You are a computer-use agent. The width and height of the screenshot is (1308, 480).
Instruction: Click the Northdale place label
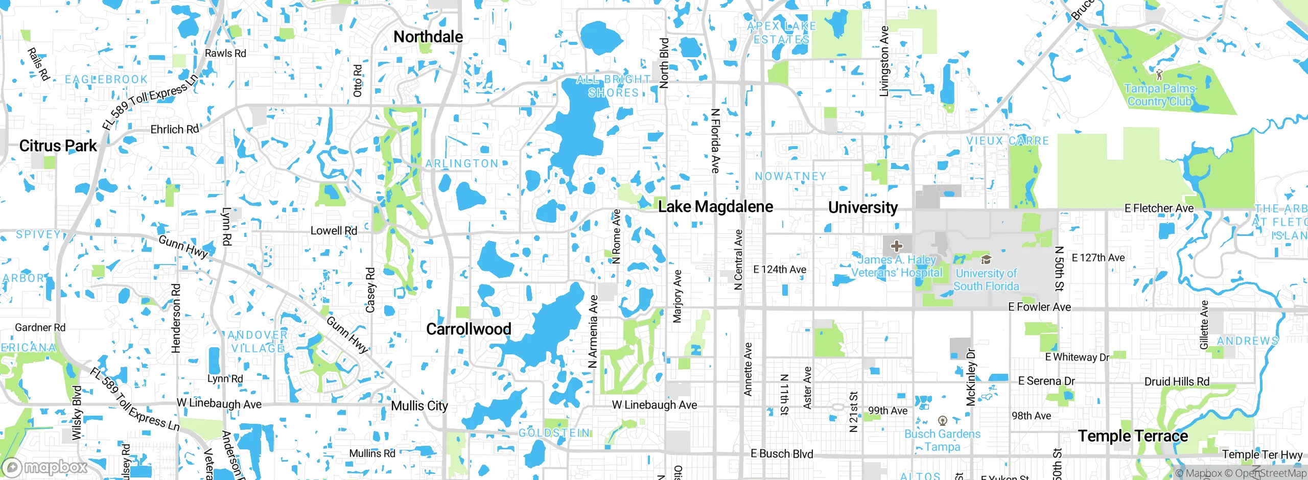(428, 37)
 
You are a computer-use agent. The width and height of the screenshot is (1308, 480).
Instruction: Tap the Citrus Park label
(58, 146)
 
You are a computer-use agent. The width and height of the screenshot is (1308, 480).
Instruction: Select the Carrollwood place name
(469, 329)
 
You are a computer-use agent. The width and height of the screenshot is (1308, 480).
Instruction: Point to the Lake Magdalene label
(715, 207)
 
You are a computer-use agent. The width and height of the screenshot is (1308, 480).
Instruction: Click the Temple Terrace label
(1133, 436)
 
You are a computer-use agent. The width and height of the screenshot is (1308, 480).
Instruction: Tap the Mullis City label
(419, 406)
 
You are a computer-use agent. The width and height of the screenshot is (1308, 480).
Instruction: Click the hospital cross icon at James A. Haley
(896, 246)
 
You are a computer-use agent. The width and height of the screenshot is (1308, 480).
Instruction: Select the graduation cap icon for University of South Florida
(986, 260)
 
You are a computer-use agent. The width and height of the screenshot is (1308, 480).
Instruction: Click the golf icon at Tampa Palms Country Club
(1159, 75)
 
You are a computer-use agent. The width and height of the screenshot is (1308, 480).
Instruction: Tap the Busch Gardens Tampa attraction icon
(943, 421)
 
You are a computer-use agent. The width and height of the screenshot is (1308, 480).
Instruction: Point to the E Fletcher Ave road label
(1159, 208)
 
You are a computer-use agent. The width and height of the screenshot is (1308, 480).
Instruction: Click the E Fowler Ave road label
(1039, 307)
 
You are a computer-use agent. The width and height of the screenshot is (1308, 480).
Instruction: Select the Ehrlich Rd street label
(174, 130)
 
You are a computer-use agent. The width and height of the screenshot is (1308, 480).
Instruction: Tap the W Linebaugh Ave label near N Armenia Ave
(654, 405)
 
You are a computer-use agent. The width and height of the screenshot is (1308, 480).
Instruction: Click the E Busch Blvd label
(781, 453)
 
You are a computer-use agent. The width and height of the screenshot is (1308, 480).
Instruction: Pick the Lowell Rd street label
(334, 231)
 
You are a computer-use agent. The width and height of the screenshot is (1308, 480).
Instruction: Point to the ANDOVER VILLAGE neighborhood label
(258, 342)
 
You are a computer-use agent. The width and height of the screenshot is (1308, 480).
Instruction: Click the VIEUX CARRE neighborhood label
(1007, 141)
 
